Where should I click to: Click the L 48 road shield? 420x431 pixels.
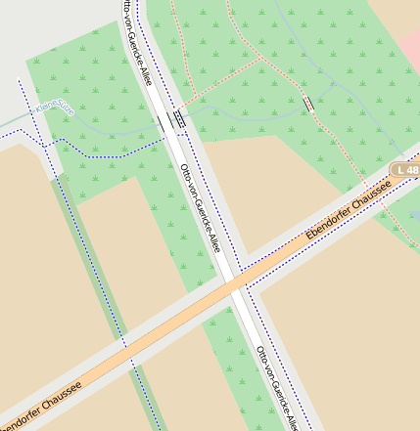click(x=404, y=170)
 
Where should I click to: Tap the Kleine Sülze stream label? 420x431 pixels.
click(x=54, y=108)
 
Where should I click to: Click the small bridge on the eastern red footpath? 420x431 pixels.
click(x=309, y=103)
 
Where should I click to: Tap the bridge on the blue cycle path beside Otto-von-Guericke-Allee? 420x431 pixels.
click(x=179, y=117)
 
